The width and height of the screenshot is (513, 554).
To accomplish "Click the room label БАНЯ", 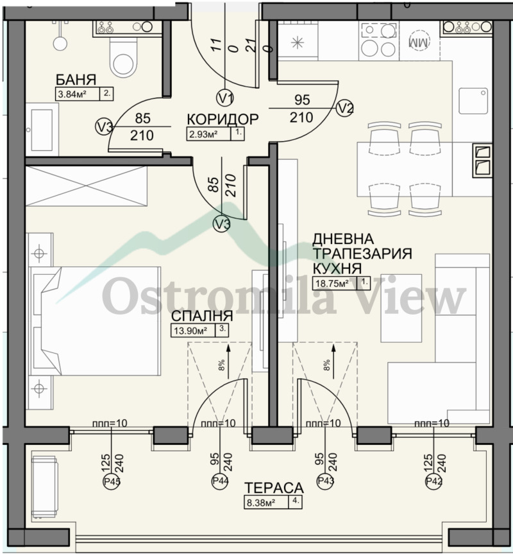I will [76, 80].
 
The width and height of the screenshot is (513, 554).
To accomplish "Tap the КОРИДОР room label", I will [223, 119].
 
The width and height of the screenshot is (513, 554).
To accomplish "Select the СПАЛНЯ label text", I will [202, 316].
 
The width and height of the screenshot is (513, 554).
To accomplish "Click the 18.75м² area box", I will [332, 283].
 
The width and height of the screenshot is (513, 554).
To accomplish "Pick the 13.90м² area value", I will [191, 331].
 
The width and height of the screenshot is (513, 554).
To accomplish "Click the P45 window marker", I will [112, 481].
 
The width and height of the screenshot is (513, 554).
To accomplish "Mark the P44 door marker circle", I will [220, 481].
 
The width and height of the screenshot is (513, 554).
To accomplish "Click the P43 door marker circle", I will [326, 481].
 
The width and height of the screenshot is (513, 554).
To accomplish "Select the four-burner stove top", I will [379, 40].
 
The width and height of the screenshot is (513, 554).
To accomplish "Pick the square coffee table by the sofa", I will [401, 307].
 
